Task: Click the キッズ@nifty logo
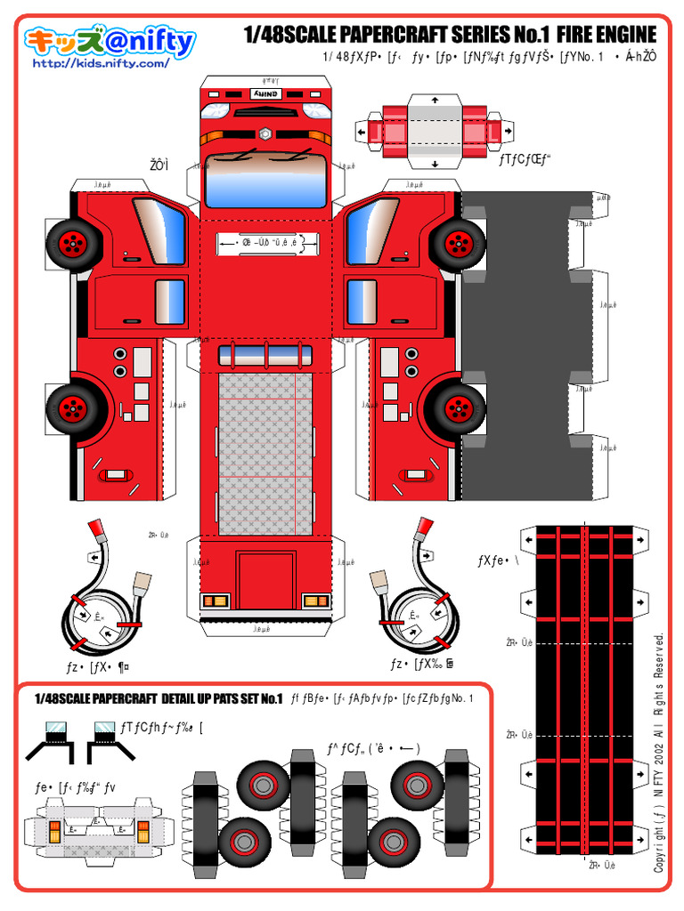[x=110, y=42]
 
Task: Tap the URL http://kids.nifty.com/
[x=100, y=64]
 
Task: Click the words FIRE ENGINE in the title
[x=606, y=35]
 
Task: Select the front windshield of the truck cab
[x=265, y=181]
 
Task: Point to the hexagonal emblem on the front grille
[x=265, y=133]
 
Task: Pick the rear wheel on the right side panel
[x=457, y=407]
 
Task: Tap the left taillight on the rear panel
[x=215, y=601]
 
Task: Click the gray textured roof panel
[x=265, y=454]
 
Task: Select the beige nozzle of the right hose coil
[x=381, y=582]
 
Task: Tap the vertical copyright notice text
[x=659, y=752]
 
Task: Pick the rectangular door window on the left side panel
[x=168, y=302]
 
